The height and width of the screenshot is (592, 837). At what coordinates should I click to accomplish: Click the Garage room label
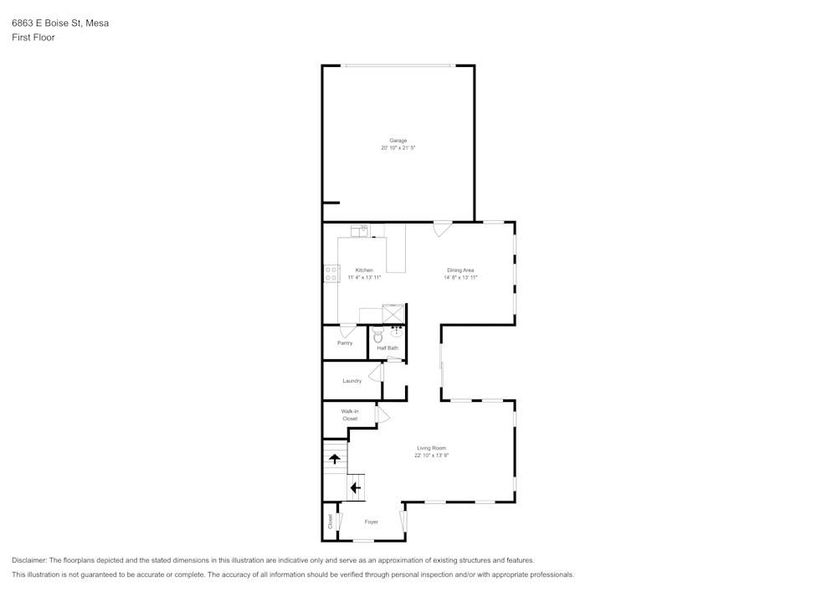click(398, 141)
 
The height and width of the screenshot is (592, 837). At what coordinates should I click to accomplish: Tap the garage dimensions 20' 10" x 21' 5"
click(398, 148)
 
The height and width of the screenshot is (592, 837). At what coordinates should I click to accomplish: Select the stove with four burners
click(331, 274)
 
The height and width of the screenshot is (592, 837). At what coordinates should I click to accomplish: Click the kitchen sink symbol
click(359, 230)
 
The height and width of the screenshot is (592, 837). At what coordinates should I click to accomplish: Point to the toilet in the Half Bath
click(378, 335)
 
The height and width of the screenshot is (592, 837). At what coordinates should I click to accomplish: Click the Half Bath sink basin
click(397, 332)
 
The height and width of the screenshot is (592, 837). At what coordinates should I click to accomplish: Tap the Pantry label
click(345, 343)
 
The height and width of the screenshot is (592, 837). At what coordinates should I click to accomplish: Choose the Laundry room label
click(352, 381)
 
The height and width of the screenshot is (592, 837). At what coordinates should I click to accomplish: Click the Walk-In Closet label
click(350, 414)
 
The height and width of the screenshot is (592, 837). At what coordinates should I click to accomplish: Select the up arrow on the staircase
click(335, 459)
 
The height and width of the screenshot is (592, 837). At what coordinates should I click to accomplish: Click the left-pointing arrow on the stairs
click(355, 488)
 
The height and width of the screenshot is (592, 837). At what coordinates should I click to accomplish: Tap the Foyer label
click(371, 522)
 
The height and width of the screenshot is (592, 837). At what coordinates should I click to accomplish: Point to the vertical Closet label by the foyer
click(331, 522)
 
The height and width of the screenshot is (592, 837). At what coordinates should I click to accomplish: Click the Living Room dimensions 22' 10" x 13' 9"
click(431, 456)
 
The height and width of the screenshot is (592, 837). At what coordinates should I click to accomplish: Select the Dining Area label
click(460, 270)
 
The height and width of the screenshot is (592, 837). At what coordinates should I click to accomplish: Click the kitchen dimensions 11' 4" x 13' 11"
click(364, 278)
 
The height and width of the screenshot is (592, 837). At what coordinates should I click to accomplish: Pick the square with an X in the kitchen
click(393, 313)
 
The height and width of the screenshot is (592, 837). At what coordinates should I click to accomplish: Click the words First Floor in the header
click(33, 38)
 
